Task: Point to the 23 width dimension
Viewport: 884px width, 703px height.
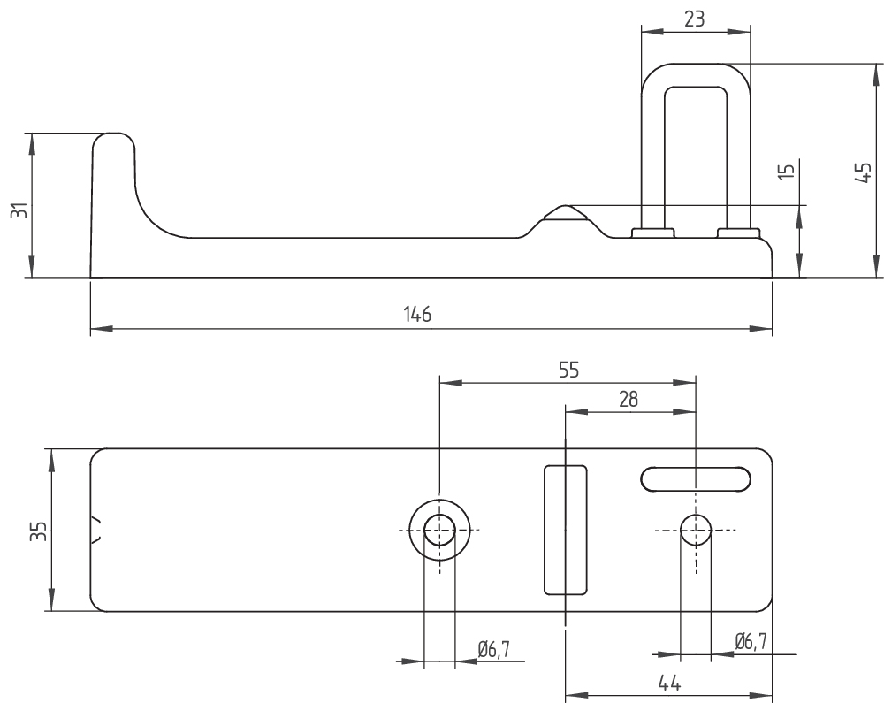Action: (x=694, y=19)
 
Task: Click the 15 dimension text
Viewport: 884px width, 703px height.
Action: (x=789, y=172)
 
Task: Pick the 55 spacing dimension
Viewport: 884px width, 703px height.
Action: (x=568, y=371)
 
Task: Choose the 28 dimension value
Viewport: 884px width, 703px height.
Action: (x=629, y=399)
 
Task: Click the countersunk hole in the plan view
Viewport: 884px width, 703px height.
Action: (x=439, y=530)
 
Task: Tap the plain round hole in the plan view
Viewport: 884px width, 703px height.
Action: (x=696, y=530)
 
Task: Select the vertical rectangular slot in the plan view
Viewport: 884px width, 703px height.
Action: (x=565, y=529)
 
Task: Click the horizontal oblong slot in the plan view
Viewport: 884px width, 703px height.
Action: (x=698, y=478)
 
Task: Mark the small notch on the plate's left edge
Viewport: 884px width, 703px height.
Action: (x=97, y=530)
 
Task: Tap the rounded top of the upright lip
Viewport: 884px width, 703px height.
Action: (x=115, y=139)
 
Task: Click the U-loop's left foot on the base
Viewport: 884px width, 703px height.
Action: (x=652, y=233)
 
